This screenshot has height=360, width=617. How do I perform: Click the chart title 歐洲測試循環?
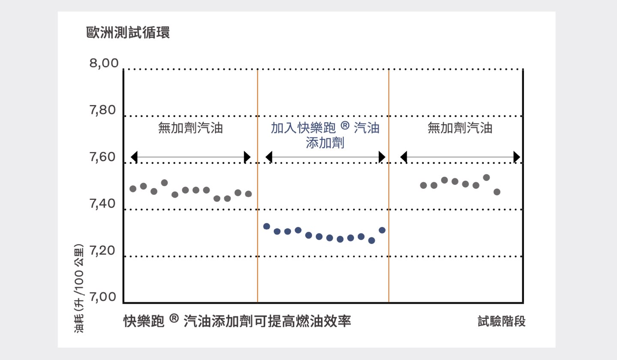pyautogui.click(x=128, y=33)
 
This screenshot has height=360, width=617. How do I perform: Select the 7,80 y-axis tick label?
pyautogui.click(x=103, y=111)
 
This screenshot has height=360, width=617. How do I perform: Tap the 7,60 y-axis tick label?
pyautogui.click(x=103, y=157)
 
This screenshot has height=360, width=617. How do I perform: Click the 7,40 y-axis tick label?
pyautogui.click(x=103, y=204)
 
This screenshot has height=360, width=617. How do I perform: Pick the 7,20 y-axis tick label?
pyautogui.click(x=103, y=251)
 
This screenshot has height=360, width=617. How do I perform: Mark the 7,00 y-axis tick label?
pyautogui.click(x=103, y=297)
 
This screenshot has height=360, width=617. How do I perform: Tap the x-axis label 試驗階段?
pyautogui.click(x=501, y=321)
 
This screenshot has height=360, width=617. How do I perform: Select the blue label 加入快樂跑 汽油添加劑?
pyautogui.click(x=325, y=135)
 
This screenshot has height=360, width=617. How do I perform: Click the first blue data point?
pyautogui.click(x=267, y=226)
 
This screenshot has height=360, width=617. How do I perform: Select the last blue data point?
pyautogui.click(x=382, y=230)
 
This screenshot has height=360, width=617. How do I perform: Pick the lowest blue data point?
pyautogui.click(x=371, y=240)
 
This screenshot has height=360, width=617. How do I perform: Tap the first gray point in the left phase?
pyautogui.click(x=133, y=189)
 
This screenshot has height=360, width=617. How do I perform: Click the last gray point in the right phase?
pyautogui.click(x=497, y=192)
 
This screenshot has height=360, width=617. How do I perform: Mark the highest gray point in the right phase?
pyautogui.click(x=486, y=177)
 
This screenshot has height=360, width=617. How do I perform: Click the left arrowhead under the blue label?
pyautogui.click(x=269, y=157)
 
